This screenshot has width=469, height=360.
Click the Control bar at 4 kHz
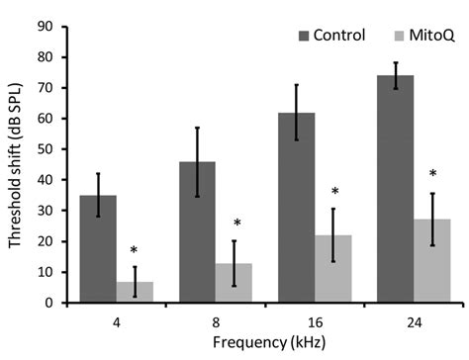point(98,248)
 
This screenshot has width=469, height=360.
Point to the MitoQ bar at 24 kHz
point(432,261)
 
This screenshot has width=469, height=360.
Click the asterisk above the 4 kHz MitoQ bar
point(136,251)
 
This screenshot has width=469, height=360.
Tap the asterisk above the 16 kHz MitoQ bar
point(334,193)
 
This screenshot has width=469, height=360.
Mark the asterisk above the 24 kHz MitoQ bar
point(432,176)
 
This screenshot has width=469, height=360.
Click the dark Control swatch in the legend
point(303,36)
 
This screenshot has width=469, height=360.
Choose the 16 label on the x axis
point(315,320)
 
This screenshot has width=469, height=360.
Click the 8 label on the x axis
point(216,320)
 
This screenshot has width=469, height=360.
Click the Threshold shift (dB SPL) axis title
point(15,164)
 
